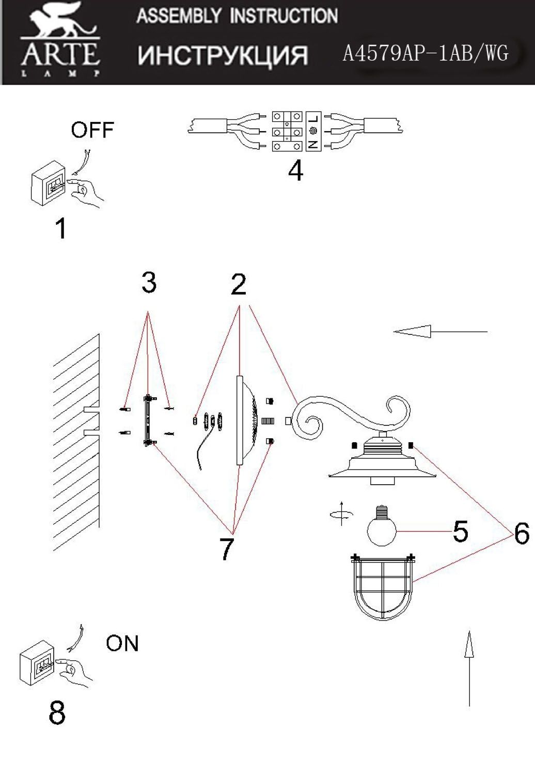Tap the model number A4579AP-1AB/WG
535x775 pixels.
426,54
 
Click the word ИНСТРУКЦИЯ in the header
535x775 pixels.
223,55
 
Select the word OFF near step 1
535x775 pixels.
92,130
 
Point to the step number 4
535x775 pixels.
296,171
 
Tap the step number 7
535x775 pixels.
227,549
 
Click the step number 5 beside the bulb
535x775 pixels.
460,531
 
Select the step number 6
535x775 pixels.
522,533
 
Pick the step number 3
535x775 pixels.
149,283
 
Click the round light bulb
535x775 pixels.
382,525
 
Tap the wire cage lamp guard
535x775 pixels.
383,587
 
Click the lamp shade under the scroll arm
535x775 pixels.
382,460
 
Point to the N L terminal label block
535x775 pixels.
313,131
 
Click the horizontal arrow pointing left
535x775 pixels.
440,332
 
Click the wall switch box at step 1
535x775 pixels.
48,183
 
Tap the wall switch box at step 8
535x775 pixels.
37,662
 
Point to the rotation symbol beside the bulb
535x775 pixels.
341,514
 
